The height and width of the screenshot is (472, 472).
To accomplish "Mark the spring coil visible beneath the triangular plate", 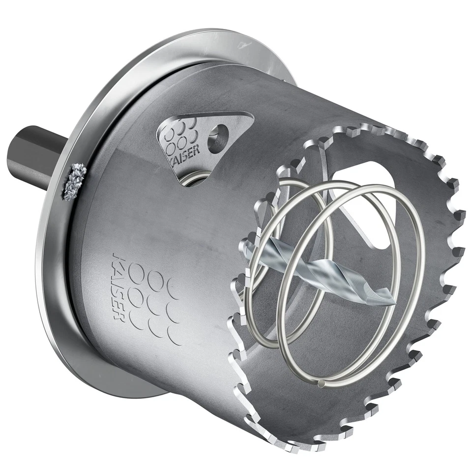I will (x=194, y=179).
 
